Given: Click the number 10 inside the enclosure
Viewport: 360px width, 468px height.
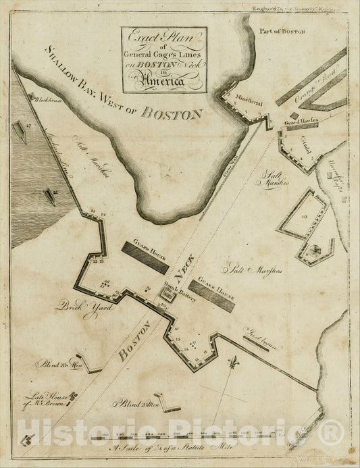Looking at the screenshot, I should pos(305,215).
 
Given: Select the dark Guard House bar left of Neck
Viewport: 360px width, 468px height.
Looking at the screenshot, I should pos(145,257).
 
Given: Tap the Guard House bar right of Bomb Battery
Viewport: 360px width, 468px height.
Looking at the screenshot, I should pos(212,295).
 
